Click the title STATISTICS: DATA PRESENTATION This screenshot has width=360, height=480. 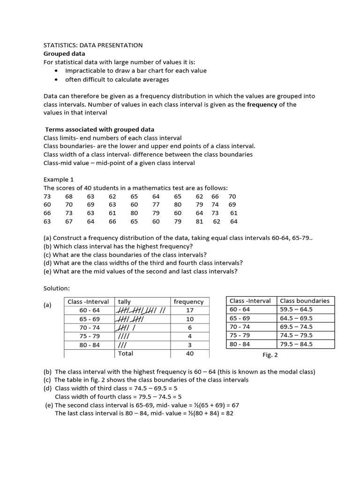click(93, 45)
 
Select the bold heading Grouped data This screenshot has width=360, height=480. click(65, 54)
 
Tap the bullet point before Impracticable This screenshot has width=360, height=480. click(57, 71)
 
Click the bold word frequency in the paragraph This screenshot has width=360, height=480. click(262, 105)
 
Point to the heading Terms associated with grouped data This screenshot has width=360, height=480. click(99, 129)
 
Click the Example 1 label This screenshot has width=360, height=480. click(59, 180)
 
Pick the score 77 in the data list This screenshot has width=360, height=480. click(156, 205)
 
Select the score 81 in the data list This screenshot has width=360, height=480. click(199, 222)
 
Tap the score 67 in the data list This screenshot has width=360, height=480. click(69, 222)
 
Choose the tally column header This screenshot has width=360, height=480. click(125, 302)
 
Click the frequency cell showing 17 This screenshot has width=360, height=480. click(189, 310)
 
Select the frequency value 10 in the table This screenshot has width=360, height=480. click(189, 319)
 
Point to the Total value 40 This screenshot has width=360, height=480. click(189, 353)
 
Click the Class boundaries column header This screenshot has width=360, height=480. click(305, 301)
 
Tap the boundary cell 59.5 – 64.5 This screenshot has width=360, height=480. click(296, 309)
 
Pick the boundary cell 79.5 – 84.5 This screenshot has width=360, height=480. click(296, 344)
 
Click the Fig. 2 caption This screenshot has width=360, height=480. click(270, 355)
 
